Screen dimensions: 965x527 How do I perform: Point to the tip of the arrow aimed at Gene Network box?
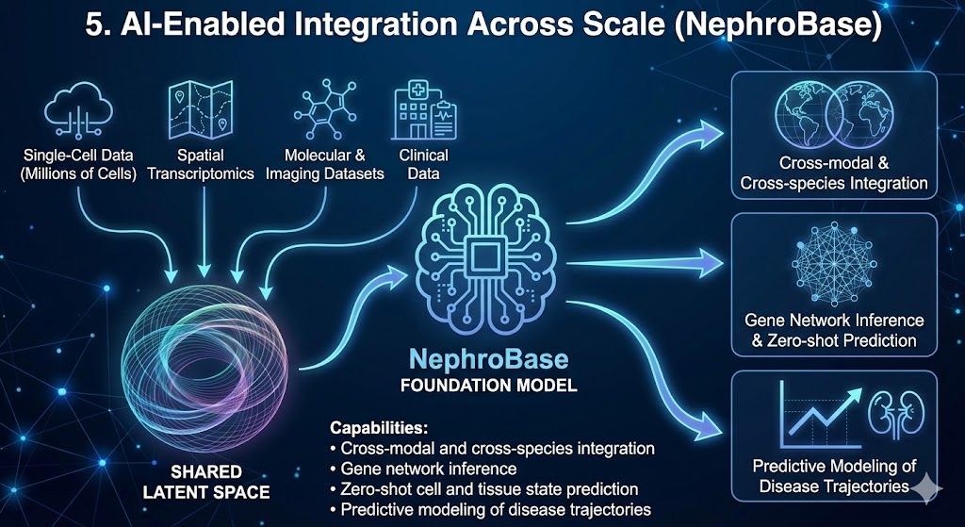(x=724, y=264)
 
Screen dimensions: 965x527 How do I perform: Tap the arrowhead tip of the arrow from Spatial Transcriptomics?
(x=204, y=277)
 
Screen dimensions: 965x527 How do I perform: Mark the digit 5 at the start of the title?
(x=93, y=28)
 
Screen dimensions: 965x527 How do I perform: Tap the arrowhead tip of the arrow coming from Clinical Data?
(x=265, y=299)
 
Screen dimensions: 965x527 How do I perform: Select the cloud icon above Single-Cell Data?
(x=78, y=111)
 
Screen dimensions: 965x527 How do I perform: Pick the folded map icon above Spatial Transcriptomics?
(x=201, y=109)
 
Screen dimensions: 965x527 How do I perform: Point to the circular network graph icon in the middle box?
(x=834, y=264)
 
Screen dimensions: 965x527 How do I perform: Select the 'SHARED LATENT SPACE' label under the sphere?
(x=206, y=482)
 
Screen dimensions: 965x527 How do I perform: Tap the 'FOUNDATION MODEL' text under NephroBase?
(x=489, y=386)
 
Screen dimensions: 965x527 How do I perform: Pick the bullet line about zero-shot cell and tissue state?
(x=484, y=489)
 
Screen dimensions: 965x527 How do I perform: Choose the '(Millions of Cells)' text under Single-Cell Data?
(x=78, y=173)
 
